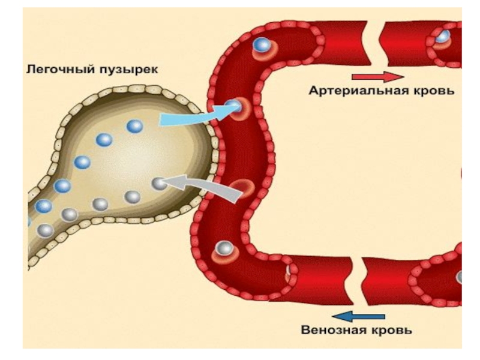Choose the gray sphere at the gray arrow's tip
click(x=158, y=184)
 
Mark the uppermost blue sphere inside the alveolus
click(x=134, y=126)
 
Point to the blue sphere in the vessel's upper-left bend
click(x=261, y=45)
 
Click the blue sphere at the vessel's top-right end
click(x=442, y=36)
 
